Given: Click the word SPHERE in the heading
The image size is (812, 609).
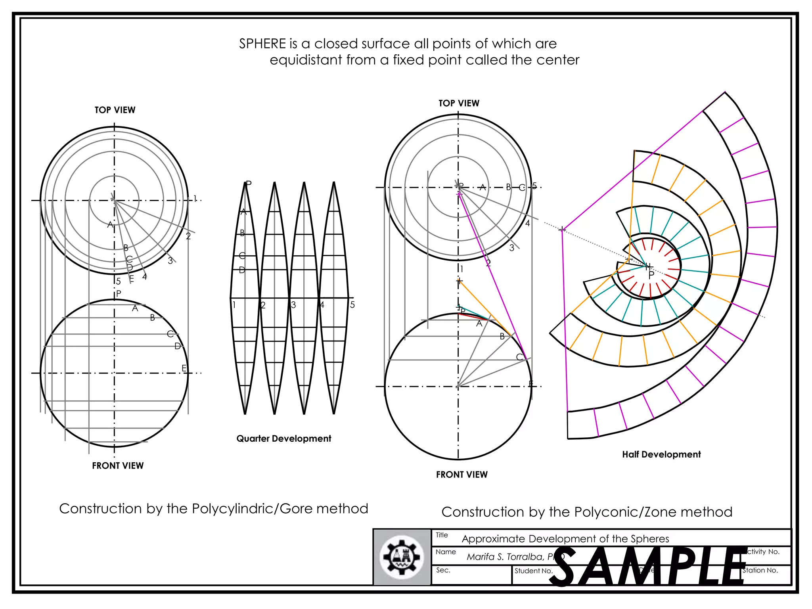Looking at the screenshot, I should point(262,44).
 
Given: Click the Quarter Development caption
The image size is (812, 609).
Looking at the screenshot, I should point(283,439).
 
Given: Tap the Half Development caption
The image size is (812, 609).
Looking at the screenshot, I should point(661,454).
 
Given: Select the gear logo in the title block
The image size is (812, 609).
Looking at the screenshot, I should point(402,557).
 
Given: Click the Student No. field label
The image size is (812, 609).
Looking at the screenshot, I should point(533,571).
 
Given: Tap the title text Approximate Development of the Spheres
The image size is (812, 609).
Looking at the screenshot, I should point(565,539).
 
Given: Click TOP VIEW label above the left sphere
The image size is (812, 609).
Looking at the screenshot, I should point(115,110).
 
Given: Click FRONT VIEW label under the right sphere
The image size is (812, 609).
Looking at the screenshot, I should point(462,475).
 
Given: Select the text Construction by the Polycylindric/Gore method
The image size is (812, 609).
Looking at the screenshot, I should point(213,509).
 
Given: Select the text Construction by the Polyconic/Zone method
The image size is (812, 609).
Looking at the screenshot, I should point(587,512).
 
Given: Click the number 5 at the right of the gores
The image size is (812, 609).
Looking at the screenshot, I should point(352,305).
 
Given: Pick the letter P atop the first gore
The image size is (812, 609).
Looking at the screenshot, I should point(249,184).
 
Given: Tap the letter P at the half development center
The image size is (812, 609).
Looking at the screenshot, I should point(651,275).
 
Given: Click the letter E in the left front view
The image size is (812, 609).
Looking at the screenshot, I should point(184,368).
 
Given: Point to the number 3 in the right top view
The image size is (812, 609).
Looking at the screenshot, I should point(511,248).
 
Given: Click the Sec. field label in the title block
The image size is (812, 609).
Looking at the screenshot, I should point(443,570).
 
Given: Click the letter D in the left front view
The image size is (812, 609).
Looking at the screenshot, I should point(177,346).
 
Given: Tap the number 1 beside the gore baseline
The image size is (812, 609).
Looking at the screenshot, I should point(234,305).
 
